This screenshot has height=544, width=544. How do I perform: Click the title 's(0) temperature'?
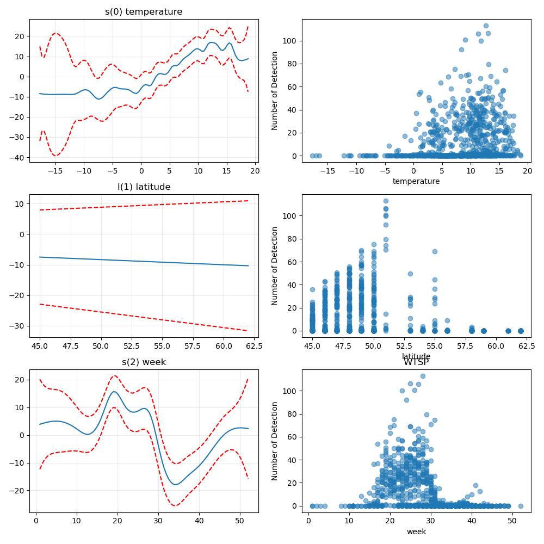pos(144,12)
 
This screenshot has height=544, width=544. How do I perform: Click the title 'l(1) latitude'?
pos(144,187)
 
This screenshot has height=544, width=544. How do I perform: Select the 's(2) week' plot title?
pos(144,362)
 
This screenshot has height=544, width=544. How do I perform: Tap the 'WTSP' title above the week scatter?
pos(416,362)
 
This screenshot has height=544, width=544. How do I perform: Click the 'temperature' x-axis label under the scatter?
pos(416,181)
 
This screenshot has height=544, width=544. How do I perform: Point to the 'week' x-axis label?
pos(416,531)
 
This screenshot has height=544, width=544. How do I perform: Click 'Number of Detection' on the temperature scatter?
pos(274,91)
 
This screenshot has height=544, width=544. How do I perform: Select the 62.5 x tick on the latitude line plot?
pos(254,346)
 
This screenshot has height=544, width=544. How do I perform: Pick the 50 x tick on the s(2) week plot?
pos(240,521)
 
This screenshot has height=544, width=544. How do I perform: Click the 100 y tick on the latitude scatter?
pos(290,216)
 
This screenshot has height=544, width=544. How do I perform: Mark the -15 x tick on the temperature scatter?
pos(327,171)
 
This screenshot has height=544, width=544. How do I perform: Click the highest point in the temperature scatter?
pos(486,26)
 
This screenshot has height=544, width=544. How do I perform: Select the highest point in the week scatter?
pos(423,376)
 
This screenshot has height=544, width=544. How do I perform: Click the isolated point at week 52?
pos(521,506)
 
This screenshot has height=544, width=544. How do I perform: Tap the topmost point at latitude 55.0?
pos(435,251)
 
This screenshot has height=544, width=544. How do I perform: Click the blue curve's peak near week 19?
pos(114,392)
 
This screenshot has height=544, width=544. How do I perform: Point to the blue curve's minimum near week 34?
pos(176,484)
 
